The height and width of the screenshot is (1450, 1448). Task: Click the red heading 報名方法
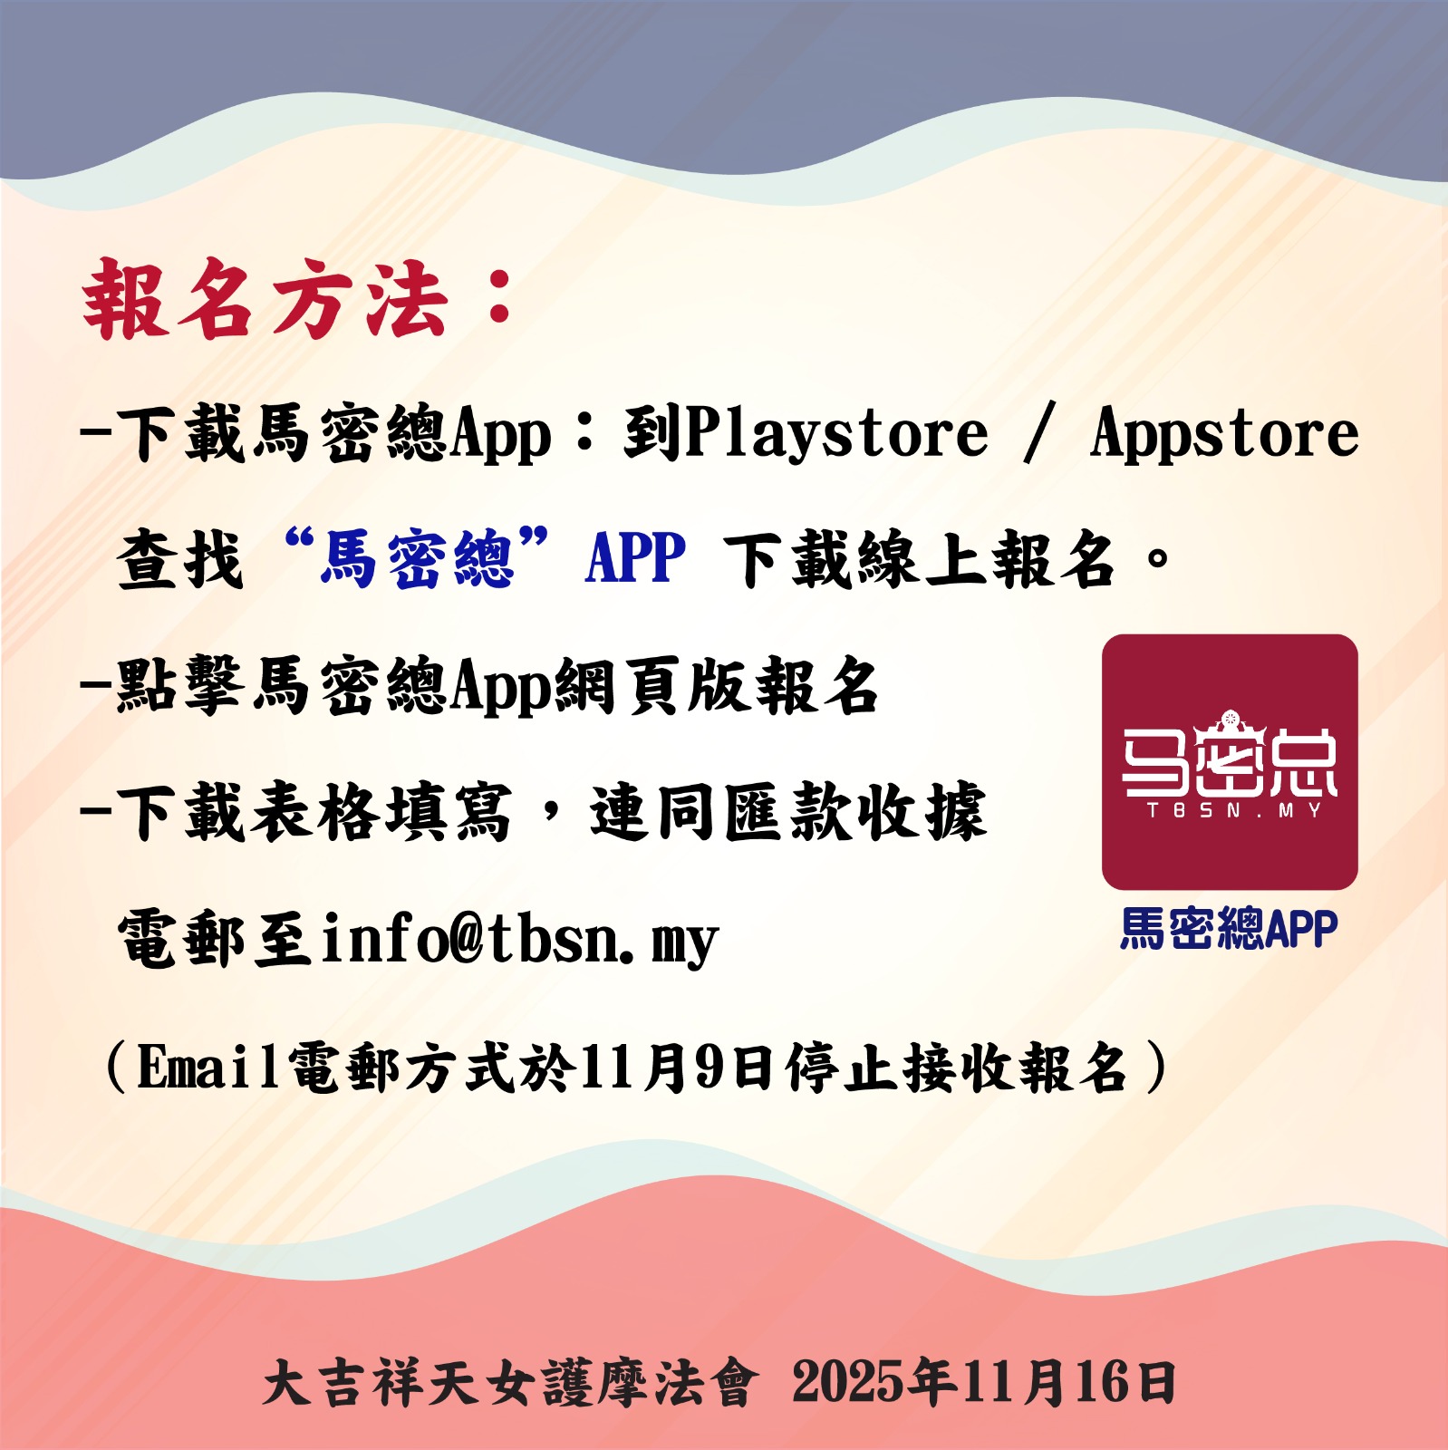265,300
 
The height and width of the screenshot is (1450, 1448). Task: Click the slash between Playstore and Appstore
1039,433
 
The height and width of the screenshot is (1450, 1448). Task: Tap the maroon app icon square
1230,761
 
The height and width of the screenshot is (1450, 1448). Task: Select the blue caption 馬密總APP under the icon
1229,928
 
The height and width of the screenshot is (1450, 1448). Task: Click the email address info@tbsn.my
519,939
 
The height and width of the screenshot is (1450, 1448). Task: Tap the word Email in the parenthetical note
208,1067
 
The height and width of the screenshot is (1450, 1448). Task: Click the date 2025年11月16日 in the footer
984,1383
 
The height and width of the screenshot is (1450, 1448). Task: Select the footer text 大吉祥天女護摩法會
508,1383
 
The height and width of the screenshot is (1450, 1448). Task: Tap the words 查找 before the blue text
180,559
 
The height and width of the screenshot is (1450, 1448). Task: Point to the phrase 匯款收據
855,811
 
